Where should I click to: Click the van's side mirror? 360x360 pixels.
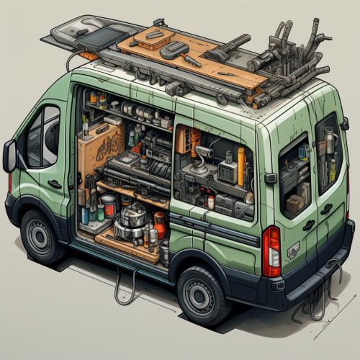(9, 156)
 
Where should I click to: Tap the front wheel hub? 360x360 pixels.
(41, 235)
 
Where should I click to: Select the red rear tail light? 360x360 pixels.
(271, 251)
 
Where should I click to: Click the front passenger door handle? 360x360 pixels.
(55, 184)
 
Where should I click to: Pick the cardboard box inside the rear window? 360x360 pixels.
(296, 203)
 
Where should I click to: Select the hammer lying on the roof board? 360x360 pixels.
(176, 50)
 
